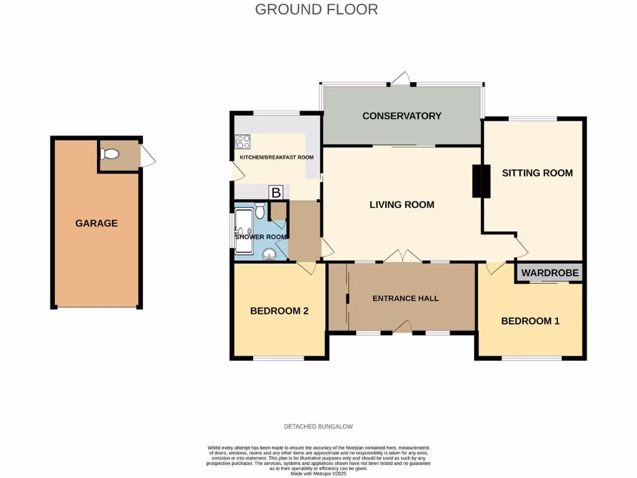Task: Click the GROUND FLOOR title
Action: click(x=316, y=9)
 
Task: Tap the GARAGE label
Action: click(x=96, y=223)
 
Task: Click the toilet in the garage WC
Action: click(x=110, y=154)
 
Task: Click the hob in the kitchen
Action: click(x=243, y=142)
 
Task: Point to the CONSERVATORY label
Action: click(x=401, y=116)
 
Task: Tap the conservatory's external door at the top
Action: click(x=401, y=79)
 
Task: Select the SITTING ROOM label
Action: click(x=537, y=173)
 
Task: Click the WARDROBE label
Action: click(x=549, y=273)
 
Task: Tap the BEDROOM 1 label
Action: click(x=530, y=321)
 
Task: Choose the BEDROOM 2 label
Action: click(x=279, y=311)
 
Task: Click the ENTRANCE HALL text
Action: click(x=405, y=298)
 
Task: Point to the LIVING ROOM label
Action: click(x=401, y=205)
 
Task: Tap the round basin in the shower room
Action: click(x=269, y=253)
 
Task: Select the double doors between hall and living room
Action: click(x=401, y=256)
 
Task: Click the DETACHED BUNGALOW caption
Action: click(x=318, y=426)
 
